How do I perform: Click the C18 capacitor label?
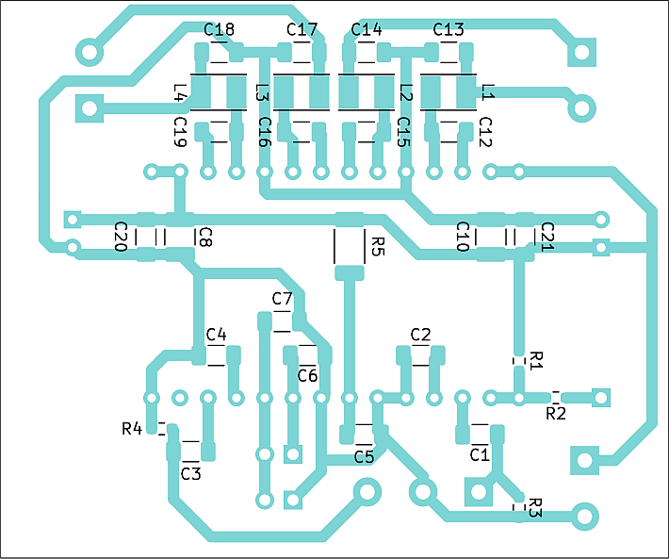click(x=219, y=29)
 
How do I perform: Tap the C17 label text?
click(x=302, y=29)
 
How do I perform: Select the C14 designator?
click(x=367, y=29)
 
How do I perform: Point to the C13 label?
click(x=448, y=29)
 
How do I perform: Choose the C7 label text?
click(x=282, y=298)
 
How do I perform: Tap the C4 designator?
click(x=216, y=334)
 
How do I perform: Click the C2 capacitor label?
click(x=420, y=334)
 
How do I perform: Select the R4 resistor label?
click(x=132, y=428)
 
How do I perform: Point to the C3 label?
click(x=190, y=473)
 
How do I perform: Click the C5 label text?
click(x=364, y=457)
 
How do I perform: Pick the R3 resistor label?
click(x=535, y=507)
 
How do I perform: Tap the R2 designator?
click(x=556, y=413)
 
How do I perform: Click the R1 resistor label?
click(x=536, y=361)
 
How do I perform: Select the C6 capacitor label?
click(x=307, y=375)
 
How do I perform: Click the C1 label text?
click(x=480, y=455)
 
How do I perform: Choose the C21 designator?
click(x=547, y=237)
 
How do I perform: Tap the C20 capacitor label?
click(x=122, y=237)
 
